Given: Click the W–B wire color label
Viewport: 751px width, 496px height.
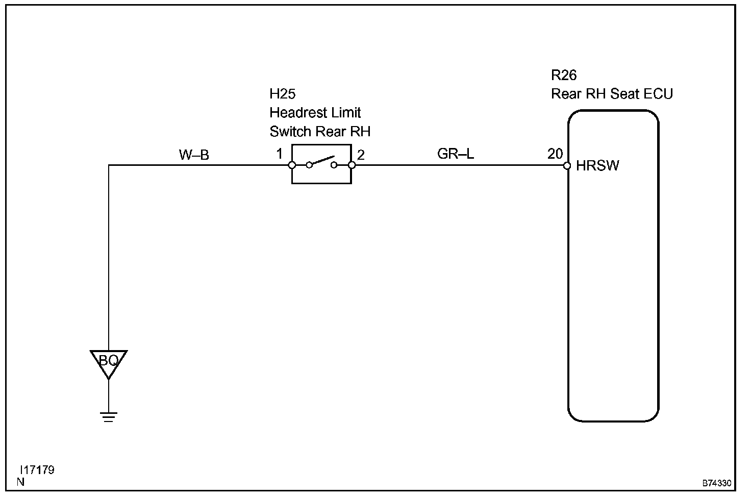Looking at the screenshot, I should point(194,155).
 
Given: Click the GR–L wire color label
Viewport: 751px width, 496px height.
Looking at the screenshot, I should point(456,154).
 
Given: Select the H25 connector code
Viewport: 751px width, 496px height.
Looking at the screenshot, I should point(283,94).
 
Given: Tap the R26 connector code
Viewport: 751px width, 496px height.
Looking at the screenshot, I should point(564,76).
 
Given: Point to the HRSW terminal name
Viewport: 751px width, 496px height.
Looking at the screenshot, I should point(597,166).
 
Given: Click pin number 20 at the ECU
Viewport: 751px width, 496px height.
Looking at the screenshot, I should point(555,154).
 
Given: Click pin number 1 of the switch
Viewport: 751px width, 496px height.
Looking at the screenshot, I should point(280,154).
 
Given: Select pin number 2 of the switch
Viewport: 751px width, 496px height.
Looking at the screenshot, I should point(361,155).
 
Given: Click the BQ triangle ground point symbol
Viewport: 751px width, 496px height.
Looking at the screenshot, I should point(109,362).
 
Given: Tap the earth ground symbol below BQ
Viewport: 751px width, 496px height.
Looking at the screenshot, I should point(109,416).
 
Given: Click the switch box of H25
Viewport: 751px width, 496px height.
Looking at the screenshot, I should point(321,164).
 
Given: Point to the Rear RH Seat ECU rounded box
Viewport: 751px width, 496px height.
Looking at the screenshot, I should point(613,265).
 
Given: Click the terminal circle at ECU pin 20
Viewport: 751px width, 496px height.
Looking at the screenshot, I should point(567,165).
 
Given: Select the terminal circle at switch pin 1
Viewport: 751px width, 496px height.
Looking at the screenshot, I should point(292,165).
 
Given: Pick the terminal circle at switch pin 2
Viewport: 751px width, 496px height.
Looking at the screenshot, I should point(352,165).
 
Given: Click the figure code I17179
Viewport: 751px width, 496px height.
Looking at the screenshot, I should point(37,470).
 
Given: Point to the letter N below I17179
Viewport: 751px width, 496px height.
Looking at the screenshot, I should point(20,482).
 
